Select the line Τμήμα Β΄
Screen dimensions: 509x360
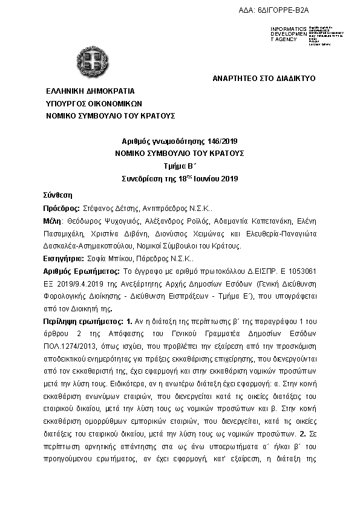click(x=179, y=166)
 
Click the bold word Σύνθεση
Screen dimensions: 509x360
click(x=57, y=195)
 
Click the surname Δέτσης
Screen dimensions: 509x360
click(x=126, y=207)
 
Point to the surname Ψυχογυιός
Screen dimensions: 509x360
click(x=123, y=222)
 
